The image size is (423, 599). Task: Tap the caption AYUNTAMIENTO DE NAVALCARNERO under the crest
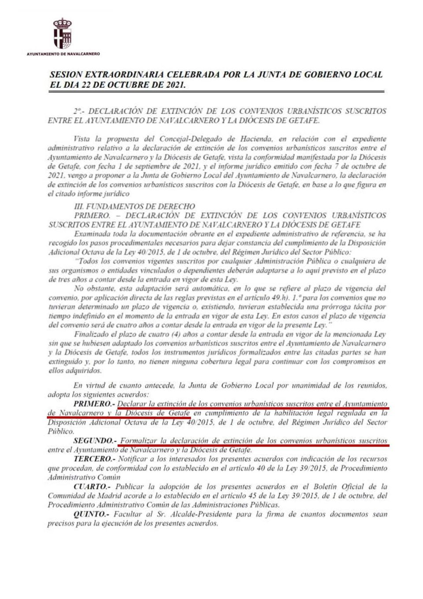pos(63,54)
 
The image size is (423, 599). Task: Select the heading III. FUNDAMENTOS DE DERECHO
pos(134,206)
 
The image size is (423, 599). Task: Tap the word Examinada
pos(93,234)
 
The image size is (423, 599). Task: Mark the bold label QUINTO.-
pos(91,514)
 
